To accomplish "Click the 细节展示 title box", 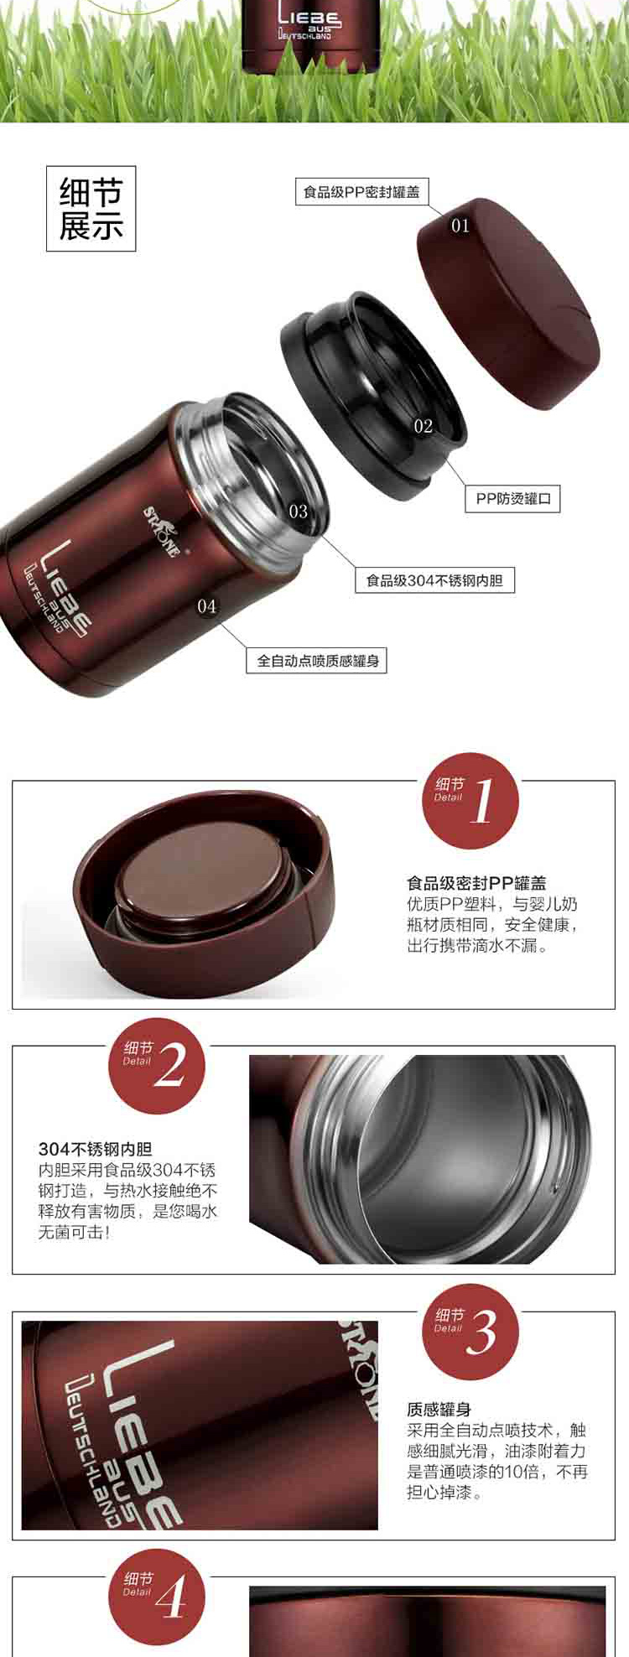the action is [x=91, y=209].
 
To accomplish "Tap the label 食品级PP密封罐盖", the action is [x=361, y=192].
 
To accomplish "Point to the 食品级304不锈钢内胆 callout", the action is [x=434, y=579].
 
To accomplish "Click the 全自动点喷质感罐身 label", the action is [x=317, y=660].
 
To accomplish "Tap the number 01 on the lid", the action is [x=460, y=225].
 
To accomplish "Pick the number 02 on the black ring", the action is [x=424, y=426].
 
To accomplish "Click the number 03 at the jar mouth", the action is [x=299, y=511].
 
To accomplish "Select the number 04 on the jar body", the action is [x=206, y=605].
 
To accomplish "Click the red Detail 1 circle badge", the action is [x=470, y=801].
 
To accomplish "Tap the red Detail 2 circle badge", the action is [x=158, y=1065].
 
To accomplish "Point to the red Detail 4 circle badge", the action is [x=158, y=1597].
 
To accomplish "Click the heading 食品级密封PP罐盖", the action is [x=476, y=882].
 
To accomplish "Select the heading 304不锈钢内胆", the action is [x=96, y=1149].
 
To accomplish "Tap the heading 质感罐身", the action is [x=439, y=1410].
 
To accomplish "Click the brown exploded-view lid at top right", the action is [x=508, y=304].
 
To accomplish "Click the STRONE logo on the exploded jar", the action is [x=160, y=530].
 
